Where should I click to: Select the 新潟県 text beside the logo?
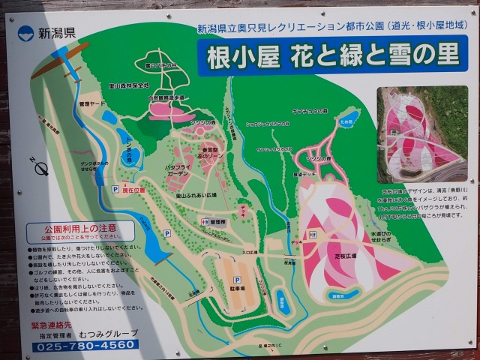57,33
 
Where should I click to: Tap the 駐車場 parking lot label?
236,289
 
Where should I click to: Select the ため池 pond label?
346,120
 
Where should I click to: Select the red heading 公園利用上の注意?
81,227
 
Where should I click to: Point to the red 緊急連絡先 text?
52,325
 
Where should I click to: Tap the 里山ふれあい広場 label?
196,195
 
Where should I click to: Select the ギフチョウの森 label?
310,111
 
